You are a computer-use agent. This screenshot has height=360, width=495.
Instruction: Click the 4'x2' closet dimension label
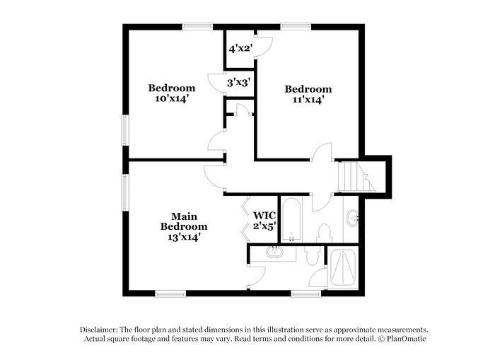pyautogui.click(x=240, y=49)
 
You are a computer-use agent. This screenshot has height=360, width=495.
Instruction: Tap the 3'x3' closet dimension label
pyautogui.click(x=239, y=83)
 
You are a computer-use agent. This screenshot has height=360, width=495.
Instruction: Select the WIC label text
pyautogui.click(x=264, y=216)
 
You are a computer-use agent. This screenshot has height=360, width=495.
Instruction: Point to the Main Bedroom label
pyautogui.click(x=184, y=221)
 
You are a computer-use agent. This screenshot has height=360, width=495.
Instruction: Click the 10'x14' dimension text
pyautogui.click(x=172, y=98)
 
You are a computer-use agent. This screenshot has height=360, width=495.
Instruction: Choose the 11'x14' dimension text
pyautogui.click(x=308, y=100)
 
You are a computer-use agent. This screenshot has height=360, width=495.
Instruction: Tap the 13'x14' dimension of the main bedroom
pyautogui.click(x=184, y=237)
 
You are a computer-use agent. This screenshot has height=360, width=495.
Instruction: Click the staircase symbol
pyautogui.click(x=356, y=177)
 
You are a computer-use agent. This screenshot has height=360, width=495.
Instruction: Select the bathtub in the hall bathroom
pyautogui.click(x=291, y=220)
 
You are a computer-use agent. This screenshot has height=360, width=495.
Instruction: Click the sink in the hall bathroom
pyautogui.click(x=352, y=218)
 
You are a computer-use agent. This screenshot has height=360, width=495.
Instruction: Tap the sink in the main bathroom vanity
pyautogui.click(x=274, y=252)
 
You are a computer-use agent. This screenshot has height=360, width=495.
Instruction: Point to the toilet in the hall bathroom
pyautogui.click(x=324, y=233)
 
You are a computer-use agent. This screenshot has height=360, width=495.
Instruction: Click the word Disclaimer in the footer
pyautogui.click(x=99, y=330)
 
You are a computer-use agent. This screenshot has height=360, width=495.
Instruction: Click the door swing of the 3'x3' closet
pyautogui.click(x=216, y=83)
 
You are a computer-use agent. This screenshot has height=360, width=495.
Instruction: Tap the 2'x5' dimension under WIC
pyautogui.click(x=264, y=226)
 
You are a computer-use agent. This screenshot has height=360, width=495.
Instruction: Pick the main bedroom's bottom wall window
pyautogui.click(x=170, y=294)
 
